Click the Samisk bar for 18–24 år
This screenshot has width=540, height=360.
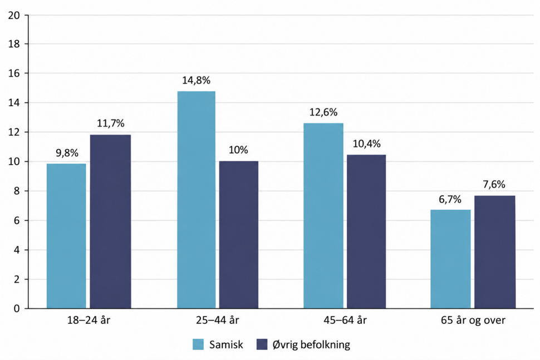66,236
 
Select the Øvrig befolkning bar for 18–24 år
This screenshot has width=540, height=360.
111,221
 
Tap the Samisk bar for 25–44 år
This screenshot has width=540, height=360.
197,200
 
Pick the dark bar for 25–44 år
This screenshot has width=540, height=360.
239,235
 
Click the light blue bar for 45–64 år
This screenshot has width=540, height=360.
323,216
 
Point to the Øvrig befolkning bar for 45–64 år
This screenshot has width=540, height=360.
366,231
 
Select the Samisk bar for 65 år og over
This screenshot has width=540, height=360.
450,259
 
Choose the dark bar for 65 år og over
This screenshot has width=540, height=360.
495,252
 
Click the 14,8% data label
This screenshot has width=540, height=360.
197,81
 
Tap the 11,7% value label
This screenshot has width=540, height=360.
111,124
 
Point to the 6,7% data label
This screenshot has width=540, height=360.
450,199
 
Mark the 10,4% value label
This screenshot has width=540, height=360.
367,144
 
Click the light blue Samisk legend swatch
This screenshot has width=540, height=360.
198,344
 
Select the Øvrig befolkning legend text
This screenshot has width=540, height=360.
311,344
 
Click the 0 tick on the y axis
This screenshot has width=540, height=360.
17,308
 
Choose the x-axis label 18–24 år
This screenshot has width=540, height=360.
89,320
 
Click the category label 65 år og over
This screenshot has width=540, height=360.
473,320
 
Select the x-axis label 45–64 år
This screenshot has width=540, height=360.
345,320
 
